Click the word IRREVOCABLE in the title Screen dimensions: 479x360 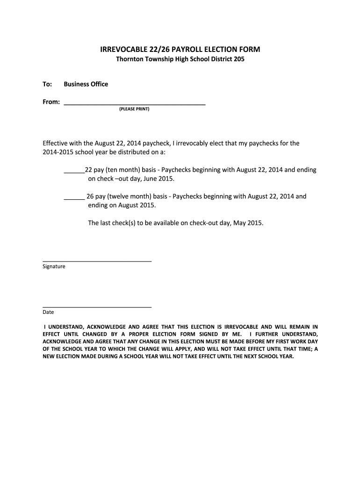[124, 50]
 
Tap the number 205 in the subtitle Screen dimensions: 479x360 [238, 59]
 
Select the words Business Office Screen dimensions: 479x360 [86, 84]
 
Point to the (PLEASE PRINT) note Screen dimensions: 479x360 [134, 109]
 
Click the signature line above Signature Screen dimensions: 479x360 [97, 261]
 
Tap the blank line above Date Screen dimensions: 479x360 [97, 306]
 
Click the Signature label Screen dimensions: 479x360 [54, 267]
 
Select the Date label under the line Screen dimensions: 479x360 [48, 312]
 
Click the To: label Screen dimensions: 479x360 [47, 84]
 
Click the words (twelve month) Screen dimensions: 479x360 [125, 196]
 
